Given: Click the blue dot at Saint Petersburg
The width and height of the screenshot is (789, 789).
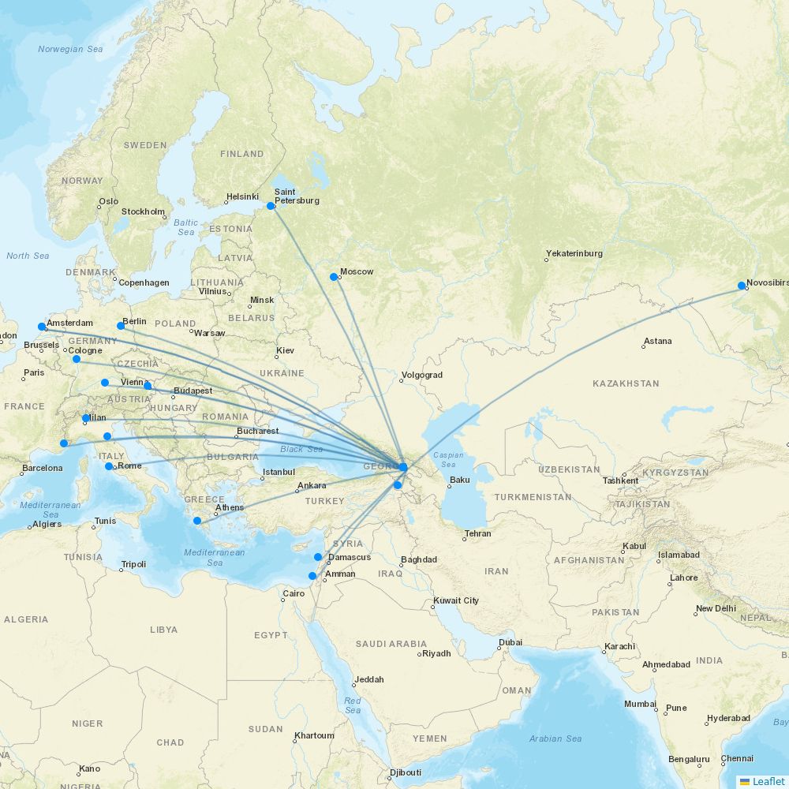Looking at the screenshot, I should point(271,206).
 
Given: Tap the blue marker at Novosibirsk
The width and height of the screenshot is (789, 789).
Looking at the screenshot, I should point(742,286).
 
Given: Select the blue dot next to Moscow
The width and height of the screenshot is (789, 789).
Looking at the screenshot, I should point(334,277).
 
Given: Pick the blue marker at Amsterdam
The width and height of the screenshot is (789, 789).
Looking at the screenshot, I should point(42,327).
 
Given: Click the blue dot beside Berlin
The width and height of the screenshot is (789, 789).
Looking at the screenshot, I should point(121,326).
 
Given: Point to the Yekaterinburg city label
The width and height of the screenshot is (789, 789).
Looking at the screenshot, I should point(574,254).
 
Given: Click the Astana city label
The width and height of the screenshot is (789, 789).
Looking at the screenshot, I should point(658,342).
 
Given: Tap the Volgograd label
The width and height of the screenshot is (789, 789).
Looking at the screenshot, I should point(422,376).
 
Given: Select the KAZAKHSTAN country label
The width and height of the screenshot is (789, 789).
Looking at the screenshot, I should point(626,383).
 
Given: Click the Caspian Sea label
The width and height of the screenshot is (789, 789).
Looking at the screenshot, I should point(448,460).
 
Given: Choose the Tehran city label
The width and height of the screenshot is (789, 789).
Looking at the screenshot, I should point(478,534).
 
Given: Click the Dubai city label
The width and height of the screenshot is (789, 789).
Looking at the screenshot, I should point(510,642).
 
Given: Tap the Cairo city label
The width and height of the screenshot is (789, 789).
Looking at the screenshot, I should point(294,593).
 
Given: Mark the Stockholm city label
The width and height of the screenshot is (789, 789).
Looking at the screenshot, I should point(143,211).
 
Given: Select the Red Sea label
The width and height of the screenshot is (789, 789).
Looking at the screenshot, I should point(353,705).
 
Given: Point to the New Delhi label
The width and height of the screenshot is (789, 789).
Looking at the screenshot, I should point(716,609).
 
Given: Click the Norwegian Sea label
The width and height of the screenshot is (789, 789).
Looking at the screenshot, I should point(70,49).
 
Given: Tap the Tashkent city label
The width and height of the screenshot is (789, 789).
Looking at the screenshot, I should point(620,481).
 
